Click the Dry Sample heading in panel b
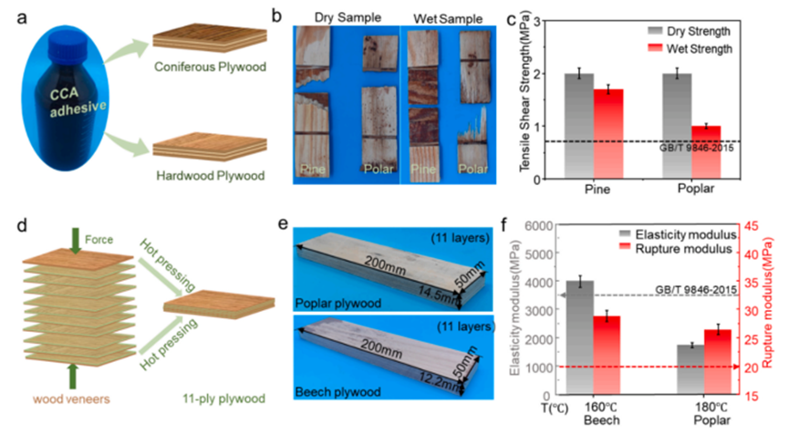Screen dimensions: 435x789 pyautogui.click(x=346, y=16)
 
